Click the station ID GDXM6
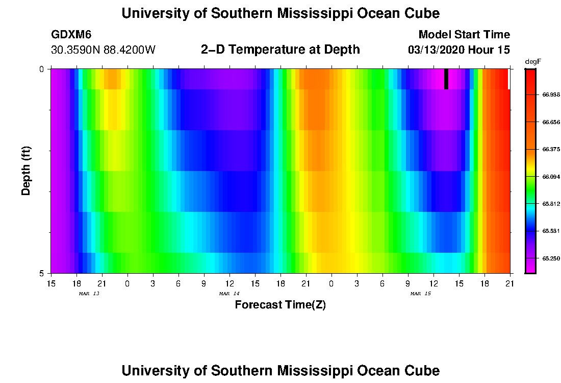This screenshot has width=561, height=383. click(71, 35)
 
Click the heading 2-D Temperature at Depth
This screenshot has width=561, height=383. click(280, 50)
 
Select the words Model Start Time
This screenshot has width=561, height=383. click(464, 35)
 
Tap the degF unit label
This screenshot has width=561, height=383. click(532, 61)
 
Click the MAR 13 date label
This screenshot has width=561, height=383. click(89, 294)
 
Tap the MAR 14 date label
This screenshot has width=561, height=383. click(229, 294)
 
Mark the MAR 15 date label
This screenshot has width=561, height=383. click(421, 294)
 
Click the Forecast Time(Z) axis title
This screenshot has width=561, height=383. click(280, 305)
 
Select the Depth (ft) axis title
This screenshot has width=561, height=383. click(27, 171)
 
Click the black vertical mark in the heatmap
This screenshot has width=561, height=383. click(446, 79)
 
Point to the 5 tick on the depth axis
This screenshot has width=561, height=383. click(42, 273)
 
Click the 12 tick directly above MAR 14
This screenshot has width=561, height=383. click(229, 282)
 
